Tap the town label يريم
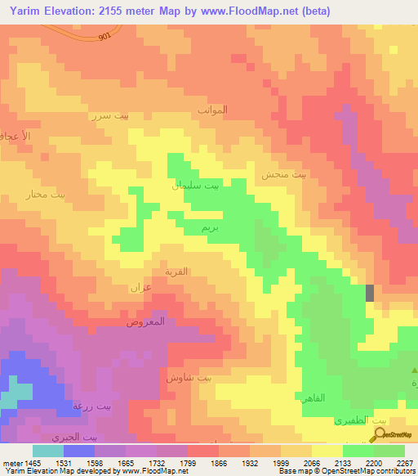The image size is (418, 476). point(198,227)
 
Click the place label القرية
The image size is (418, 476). point(177,271)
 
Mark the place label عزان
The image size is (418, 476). point(141,287)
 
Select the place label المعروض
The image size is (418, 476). point(145,321)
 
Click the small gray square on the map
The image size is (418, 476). point(371,292)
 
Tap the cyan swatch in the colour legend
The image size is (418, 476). point(48,451)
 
